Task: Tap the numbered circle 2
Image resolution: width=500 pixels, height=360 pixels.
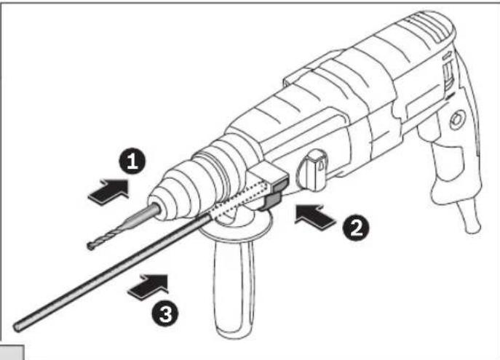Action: [x=354, y=228]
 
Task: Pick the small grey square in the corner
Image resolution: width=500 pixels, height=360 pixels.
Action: [x=13, y=352]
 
